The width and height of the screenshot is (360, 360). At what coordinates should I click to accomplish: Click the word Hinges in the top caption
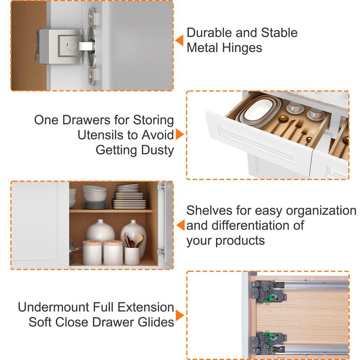242,48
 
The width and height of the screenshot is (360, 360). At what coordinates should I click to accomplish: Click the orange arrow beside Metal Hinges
180,40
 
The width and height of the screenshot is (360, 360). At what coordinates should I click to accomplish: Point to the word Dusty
158,150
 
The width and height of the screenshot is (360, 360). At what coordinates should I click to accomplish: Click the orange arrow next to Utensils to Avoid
180,134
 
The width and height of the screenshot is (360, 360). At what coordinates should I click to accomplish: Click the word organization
321,211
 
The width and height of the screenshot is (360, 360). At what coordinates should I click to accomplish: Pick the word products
240,241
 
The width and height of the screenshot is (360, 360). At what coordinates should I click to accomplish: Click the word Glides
156,322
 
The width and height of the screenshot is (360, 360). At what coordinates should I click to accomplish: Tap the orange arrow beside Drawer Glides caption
180,315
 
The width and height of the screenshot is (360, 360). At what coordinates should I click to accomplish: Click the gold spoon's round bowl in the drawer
284,118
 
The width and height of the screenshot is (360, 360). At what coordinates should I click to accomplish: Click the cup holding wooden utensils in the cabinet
132,256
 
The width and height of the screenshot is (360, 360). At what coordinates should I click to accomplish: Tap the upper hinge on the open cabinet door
161,187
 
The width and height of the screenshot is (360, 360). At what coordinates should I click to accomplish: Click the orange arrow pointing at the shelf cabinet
181,225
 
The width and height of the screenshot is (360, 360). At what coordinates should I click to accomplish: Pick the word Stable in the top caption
279,33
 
